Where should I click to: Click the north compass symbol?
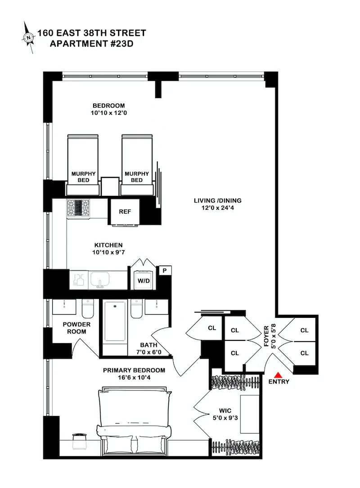coord(29,38)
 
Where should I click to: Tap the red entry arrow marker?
coord(279,375)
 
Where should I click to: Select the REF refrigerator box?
coord(125,212)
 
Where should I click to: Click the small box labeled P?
coord(165,271)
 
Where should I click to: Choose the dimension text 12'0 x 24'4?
coord(217,208)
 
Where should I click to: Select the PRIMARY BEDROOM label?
coord(134,371)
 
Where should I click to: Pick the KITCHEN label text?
coord(108,245)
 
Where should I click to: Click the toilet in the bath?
coord(136,309)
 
